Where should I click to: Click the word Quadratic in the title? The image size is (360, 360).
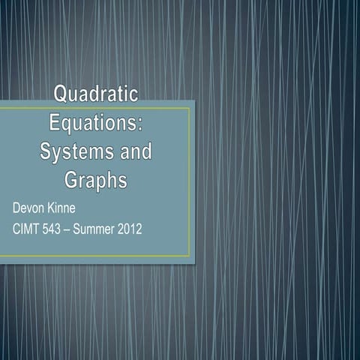(96, 94)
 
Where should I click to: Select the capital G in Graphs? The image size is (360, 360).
(72, 181)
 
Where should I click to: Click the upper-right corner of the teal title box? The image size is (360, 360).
(194, 100)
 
